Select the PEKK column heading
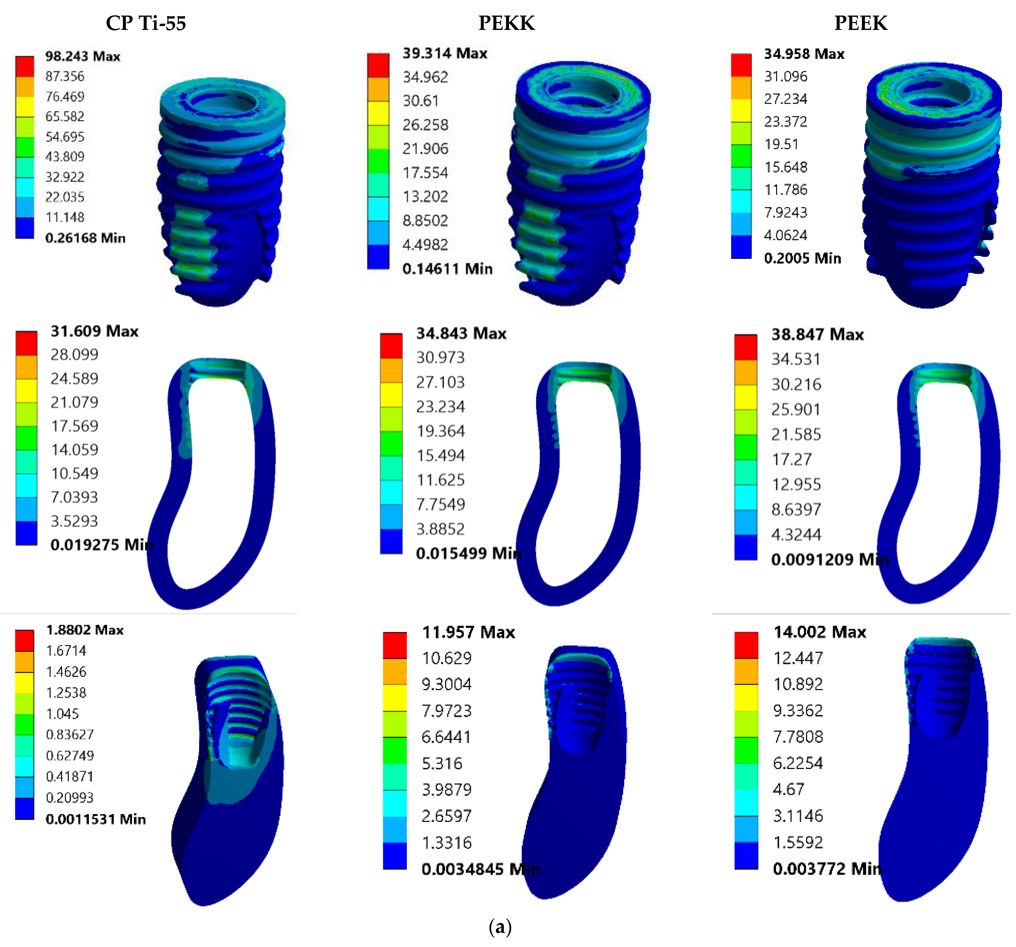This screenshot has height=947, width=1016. tap(507, 23)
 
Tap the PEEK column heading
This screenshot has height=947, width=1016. tap(861, 23)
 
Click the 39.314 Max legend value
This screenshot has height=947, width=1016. tap(445, 53)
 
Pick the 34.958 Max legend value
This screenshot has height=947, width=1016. tap(804, 54)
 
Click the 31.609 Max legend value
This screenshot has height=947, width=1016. tap(94, 331)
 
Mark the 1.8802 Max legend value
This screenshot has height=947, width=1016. tap(85, 630)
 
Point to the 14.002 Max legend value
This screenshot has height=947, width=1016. tap(820, 632)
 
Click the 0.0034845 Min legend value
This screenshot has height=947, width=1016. tap(480, 869)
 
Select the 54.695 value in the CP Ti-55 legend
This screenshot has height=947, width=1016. tap(65, 136)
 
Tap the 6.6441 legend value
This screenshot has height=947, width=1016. tap(446, 737)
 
